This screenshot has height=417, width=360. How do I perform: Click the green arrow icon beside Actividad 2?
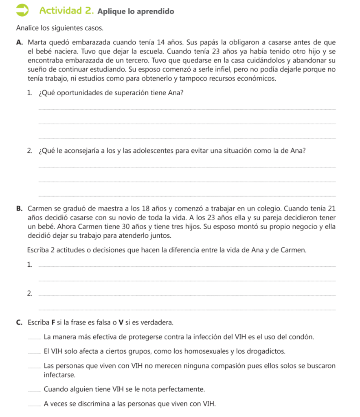22,11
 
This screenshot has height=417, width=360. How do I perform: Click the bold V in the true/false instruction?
121,323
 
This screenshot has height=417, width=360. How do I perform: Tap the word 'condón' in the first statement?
303,337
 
